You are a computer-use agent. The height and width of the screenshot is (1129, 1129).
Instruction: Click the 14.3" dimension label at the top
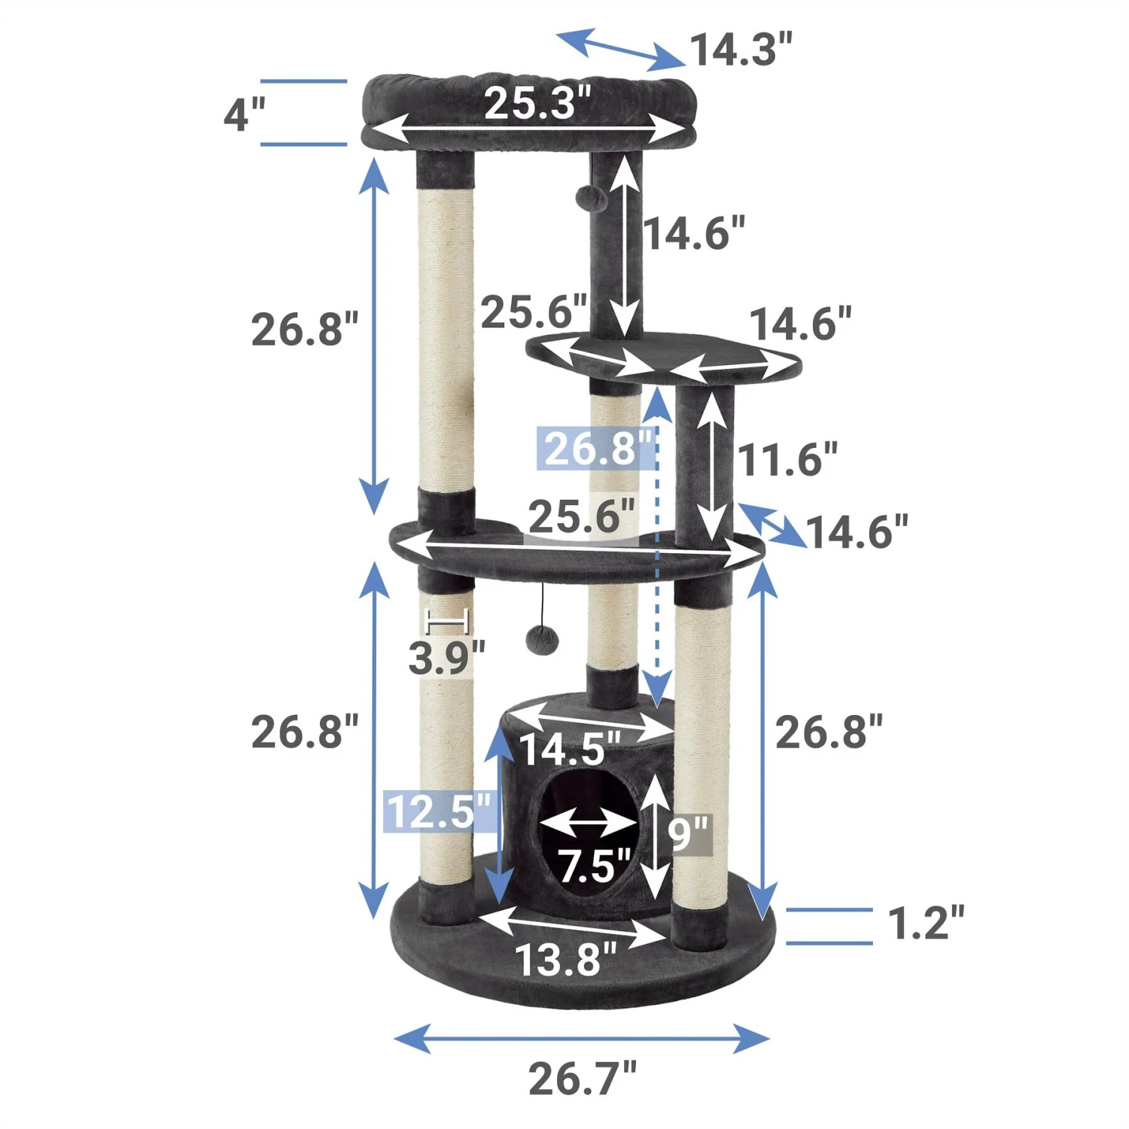coord(741,50)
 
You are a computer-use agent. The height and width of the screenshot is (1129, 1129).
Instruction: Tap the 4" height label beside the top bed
coord(245,115)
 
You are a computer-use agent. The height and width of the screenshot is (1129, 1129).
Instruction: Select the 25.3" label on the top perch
coord(537,103)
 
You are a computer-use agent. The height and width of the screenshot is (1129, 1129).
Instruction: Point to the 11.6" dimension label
coord(787,460)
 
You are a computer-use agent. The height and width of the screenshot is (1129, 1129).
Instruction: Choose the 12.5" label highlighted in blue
coord(440,811)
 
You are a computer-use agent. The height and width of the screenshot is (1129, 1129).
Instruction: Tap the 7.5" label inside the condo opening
coord(594,866)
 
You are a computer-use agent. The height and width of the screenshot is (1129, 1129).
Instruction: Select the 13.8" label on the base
coord(565,960)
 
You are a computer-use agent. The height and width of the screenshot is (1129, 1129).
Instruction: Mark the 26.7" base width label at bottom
coord(582,1079)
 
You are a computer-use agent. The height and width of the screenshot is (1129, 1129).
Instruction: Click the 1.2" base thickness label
coord(925,924)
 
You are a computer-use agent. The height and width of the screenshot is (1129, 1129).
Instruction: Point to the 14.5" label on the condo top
coord(570,749)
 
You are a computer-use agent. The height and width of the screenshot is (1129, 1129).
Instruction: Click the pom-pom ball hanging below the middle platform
coord(543,641)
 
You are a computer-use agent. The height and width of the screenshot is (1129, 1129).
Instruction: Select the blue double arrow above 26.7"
coord(582,1039)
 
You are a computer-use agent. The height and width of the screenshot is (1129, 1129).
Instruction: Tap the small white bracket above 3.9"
coord(448,622)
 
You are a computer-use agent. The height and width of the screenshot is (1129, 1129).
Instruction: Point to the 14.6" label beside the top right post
coord(694,233)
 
